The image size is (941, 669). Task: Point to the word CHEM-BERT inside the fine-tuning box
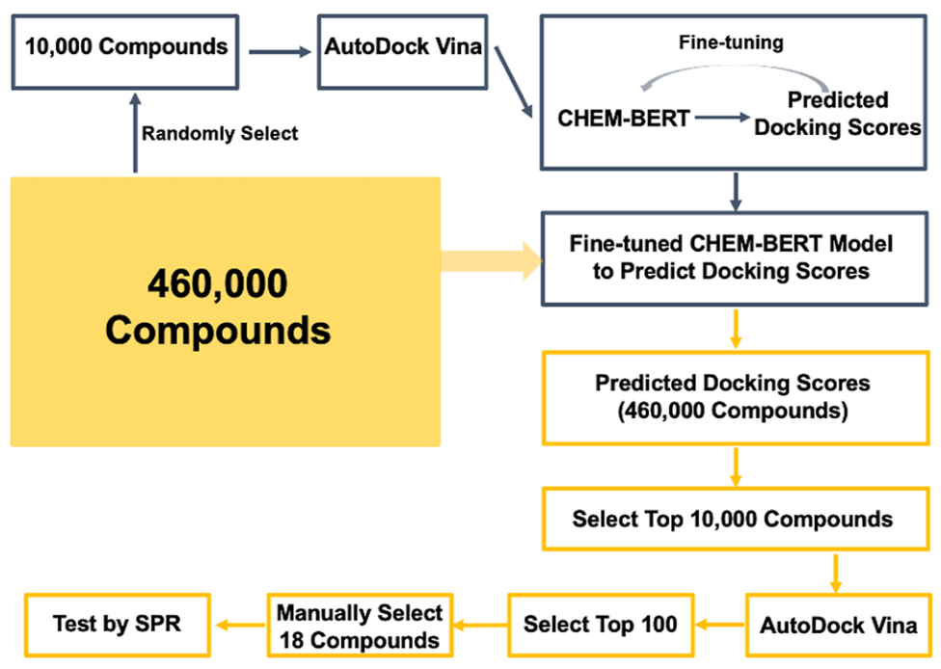(623, 120)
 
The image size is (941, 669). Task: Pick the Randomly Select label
(220, 134)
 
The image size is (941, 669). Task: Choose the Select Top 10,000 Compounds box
(732, 519)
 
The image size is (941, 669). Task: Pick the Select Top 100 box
(600, 624)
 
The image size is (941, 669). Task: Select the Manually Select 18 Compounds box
(360, 626)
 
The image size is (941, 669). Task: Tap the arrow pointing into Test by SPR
(240, 625)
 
